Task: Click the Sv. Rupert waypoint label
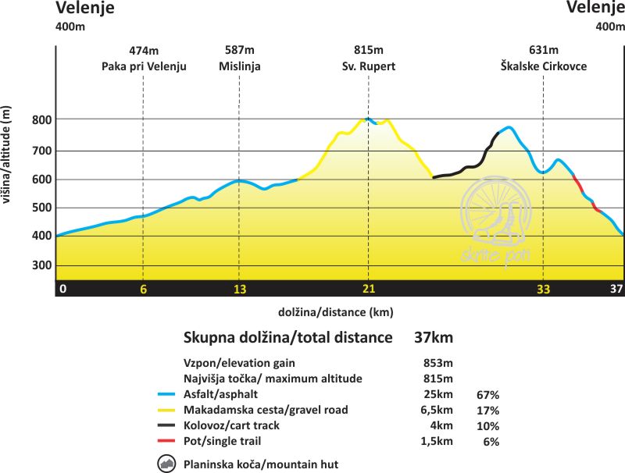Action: tap(368, 66)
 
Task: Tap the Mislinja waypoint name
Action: tap(239, 66)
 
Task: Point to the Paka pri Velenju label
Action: tap(144, 66)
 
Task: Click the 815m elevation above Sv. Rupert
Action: tap(368, 51)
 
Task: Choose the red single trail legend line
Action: tap(166, 442)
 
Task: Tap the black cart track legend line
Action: tap(166, 426)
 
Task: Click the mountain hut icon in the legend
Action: tap(166, 464)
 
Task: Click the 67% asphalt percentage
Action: tap(487, 395)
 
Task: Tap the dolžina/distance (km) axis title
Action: tap(335, 312)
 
